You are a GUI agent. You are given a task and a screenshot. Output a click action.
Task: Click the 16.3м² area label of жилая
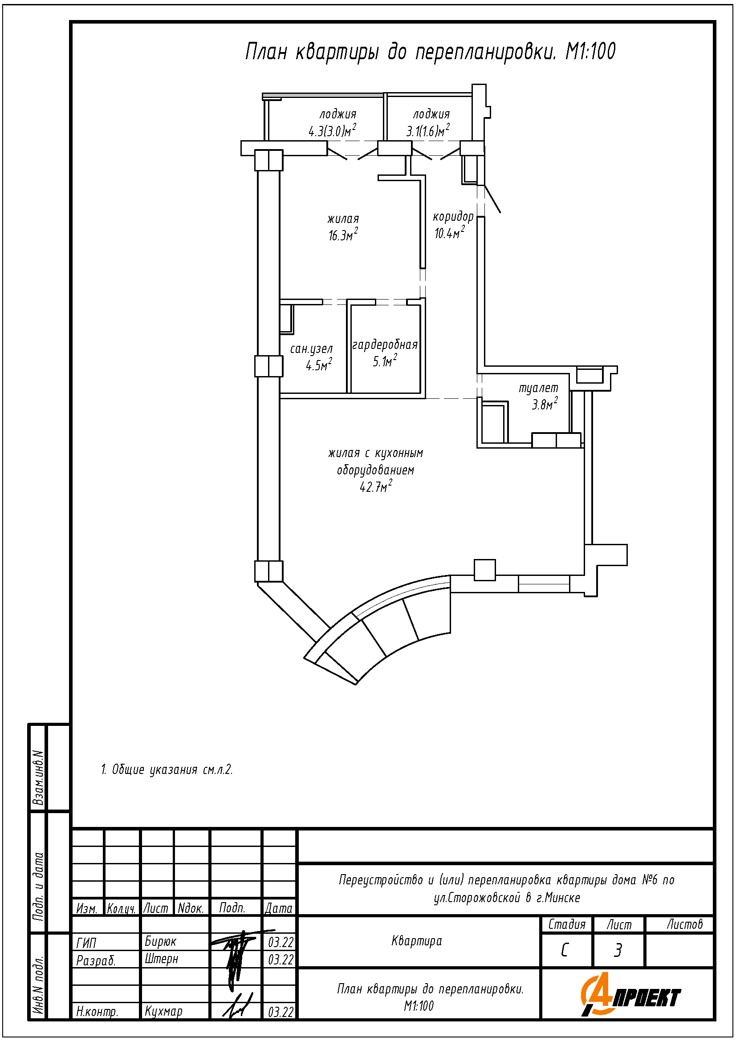[x=343, y=235]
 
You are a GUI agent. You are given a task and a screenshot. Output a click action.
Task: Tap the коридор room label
[x=453, y=217]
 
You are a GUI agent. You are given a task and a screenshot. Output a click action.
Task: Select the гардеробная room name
[x=385, y=345]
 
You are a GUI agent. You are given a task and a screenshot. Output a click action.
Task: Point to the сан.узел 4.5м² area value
[x=319, y=365]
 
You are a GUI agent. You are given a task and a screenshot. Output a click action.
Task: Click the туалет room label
[x=538, y=388]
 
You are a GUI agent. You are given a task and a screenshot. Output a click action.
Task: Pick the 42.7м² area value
[x=375, y=487]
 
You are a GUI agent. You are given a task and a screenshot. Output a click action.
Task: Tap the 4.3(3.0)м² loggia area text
[x=332, y=131]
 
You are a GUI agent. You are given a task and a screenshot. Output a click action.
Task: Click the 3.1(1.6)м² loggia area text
[x=427, y=131]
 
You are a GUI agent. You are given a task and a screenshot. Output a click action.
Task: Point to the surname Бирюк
[x=160, y=942]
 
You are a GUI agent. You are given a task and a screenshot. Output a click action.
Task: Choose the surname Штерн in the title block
[x=162, y=959]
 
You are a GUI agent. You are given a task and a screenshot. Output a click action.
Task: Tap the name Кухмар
[x=163, y=1011]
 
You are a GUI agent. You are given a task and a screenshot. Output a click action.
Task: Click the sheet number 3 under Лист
[x=618, y=950]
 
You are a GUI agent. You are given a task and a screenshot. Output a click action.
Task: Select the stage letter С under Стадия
[x=565, y=950]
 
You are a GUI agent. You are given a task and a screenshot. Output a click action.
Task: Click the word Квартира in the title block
[x=416, y=941]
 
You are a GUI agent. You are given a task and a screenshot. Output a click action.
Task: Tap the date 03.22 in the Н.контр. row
[x=281, y=1012]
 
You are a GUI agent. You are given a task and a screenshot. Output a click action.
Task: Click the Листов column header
[x=684, y=924]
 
